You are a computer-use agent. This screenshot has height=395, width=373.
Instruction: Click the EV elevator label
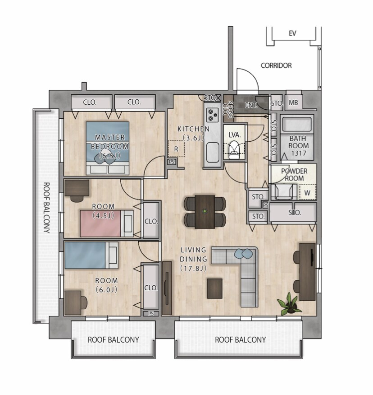pyautogui.click(x=292, y=33)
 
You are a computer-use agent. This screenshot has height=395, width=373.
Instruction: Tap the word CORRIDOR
pyautogui.click(x=276, y=65)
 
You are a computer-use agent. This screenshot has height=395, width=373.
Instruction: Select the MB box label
pyautogui.click(x=293, y=103)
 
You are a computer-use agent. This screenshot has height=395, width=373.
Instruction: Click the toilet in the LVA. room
pyautogui.click(x=234, y=149)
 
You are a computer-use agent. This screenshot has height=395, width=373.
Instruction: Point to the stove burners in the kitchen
pyautogui.click(x=213, y=115)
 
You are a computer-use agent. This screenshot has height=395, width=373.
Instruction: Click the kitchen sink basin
pyautogui.click(x=213, y=153)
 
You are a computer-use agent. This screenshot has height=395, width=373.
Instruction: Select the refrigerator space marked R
pyautogui.click(x=176, y=149)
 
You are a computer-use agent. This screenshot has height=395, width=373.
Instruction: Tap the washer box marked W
pyautogui.click(x=307, y=193)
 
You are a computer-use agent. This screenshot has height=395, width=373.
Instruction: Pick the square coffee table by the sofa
pyautogui.click(x=214, y=288)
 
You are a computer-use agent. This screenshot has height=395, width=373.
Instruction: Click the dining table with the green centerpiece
pyautogui.click(x=205, y=212)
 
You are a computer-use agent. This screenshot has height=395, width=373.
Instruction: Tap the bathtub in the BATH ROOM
pyautogui.click(x=297, y=125)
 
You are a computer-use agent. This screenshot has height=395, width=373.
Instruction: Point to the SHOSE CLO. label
pyautogui.click(x=229, y=110)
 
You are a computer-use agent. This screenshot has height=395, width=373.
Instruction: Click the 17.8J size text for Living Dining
pyautogui.click(x=194, y=268)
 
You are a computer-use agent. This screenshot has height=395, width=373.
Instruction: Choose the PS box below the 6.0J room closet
pyautogui.click(x=151, y=314)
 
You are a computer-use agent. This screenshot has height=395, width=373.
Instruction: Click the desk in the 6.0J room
pyautogui.click(x=73, y=302)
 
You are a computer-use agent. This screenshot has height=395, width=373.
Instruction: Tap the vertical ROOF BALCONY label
pyautogui.click(x=46, y=208)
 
